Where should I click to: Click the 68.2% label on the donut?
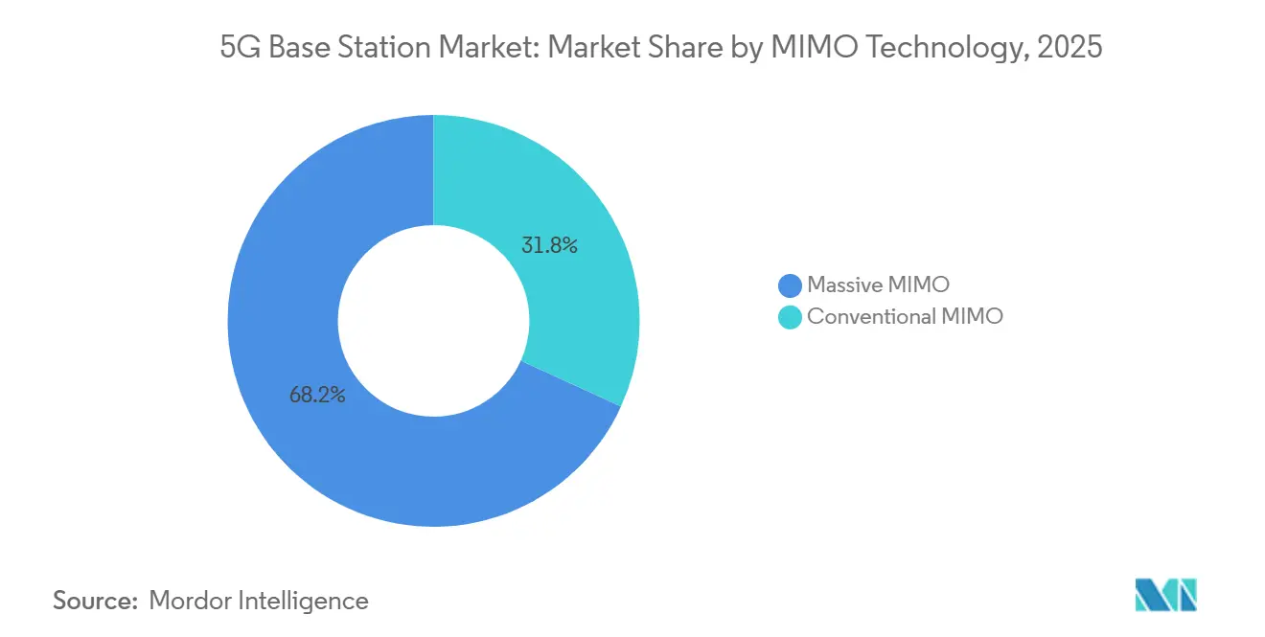317,394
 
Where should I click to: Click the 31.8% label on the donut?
549,246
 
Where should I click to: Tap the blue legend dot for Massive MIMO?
790,284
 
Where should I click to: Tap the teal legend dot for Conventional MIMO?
790,317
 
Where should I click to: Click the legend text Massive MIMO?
878,284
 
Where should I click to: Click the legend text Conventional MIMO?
905,317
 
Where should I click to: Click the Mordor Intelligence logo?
1165,595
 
